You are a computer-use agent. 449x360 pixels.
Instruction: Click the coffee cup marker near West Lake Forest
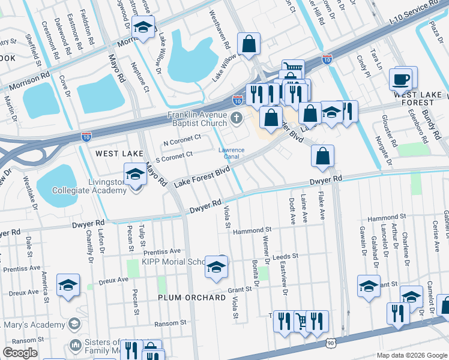tap(400, 79)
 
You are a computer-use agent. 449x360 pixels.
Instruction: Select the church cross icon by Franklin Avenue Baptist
tap(237, 116)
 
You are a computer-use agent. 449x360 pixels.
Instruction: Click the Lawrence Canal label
tap(231, 153)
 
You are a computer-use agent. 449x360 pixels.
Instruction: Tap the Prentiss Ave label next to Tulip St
tap(162, 251)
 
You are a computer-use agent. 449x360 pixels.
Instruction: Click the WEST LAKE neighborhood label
tap(119, 154)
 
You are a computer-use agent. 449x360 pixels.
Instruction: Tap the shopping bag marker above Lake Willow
tap(249, 44)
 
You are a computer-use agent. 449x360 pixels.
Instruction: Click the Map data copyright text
tap(411, 355)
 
